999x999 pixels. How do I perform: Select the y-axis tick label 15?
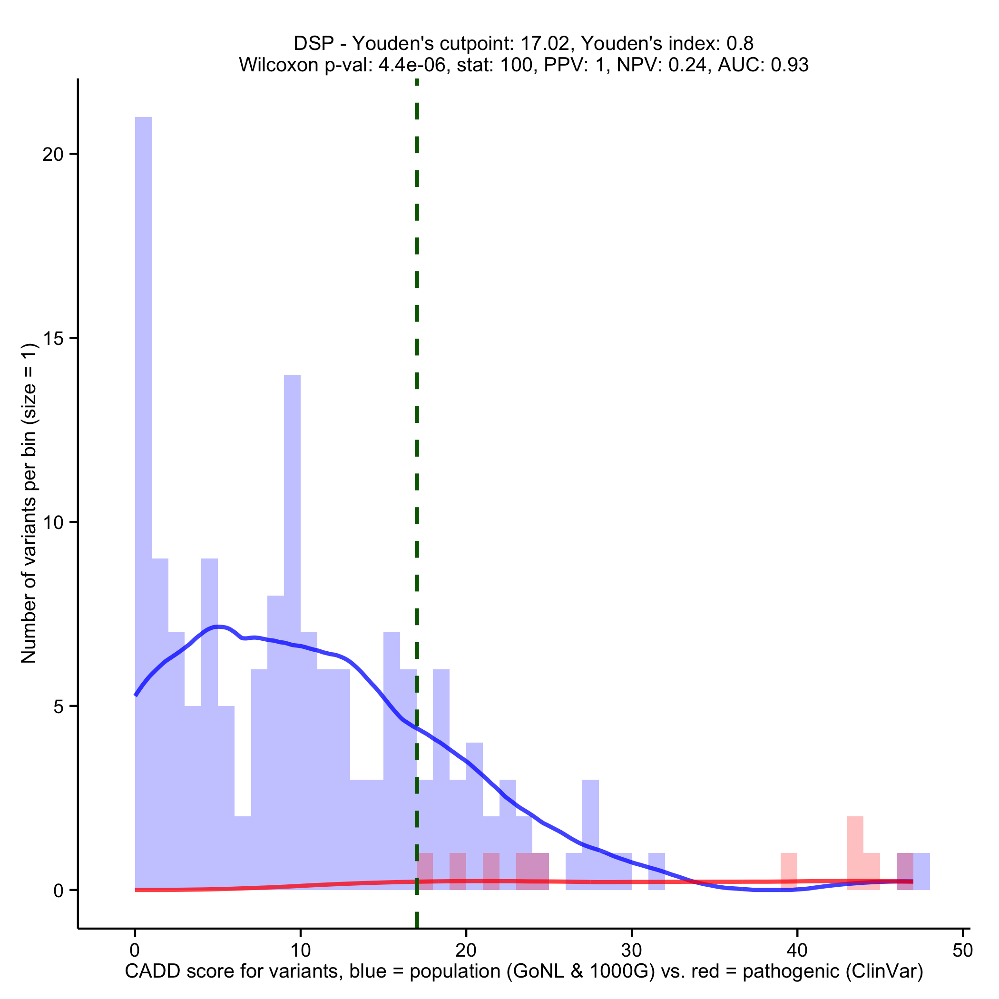[52, 339]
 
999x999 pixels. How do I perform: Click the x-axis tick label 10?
[301, 950]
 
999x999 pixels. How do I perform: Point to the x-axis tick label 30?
[631, 950]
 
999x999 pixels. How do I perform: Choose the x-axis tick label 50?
[962, 950]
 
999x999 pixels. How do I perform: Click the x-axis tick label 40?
[797, 950]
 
